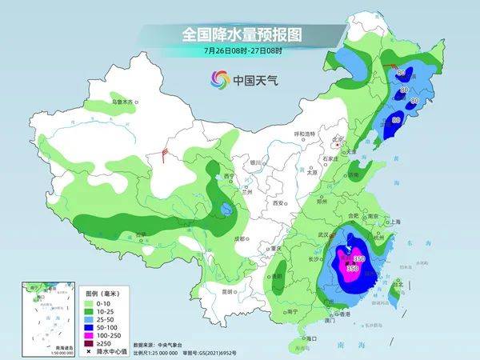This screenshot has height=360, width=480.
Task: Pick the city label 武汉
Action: click(x=324, y=234)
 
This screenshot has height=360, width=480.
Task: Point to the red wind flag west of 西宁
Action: click(x=165, y=152)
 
